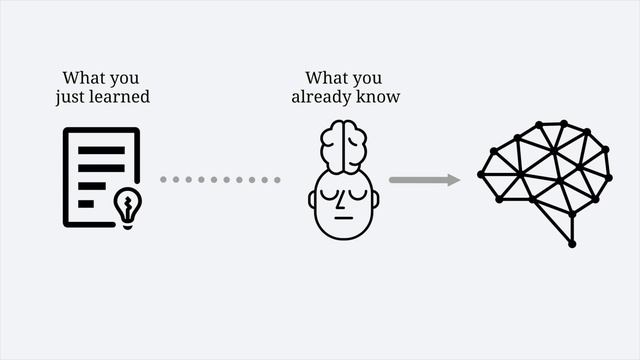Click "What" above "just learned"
pyautogui.click(x=82, y=78)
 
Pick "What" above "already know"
pyautogui.click(x=325, y=78)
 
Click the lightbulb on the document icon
pyautogui.click(x=127, y=206)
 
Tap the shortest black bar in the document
pyautogui.click(x=86, y=203)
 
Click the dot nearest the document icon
pyautogui.click(x=164, y=180)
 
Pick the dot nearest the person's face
pyautogui.click(x=277, y=180)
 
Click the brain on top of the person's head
pyautogui.click(x=343, y=144)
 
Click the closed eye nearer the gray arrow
pyautogui.click(x=357, y=192)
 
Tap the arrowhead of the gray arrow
pyautogui.click(x=453, y=180)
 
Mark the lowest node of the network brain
pyautogui.click(x=572, y=243)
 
